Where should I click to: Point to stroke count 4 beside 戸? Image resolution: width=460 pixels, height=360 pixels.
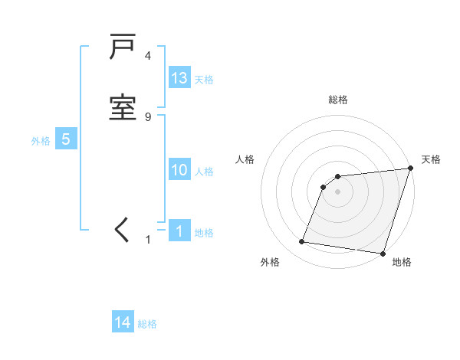tap(147, 56)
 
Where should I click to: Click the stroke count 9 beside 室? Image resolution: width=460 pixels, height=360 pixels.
tap(147, 116)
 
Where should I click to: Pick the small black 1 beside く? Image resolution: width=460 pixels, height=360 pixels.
tap(148, 240)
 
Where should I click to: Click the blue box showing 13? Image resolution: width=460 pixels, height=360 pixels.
tap(179, 78)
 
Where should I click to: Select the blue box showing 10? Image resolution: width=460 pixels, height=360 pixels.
tap(179, 170)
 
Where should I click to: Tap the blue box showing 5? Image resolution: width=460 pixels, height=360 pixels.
tap(66, 139)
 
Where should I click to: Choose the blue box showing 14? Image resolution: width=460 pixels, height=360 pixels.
tap(123, 322)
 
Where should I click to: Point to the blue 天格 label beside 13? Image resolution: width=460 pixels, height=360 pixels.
tap(204, 80)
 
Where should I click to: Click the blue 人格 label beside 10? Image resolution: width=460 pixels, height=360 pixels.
tap(204, 172)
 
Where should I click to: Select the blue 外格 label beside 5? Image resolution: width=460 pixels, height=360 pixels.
tap(41, 141)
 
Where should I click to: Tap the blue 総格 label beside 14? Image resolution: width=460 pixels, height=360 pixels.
tap(147, 324)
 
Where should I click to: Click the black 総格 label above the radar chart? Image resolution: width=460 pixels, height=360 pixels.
tap(338, 100)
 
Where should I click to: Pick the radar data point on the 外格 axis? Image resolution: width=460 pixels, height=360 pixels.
tap(301, 242)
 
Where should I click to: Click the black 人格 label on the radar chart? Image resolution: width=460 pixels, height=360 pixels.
tap(245, 159)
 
